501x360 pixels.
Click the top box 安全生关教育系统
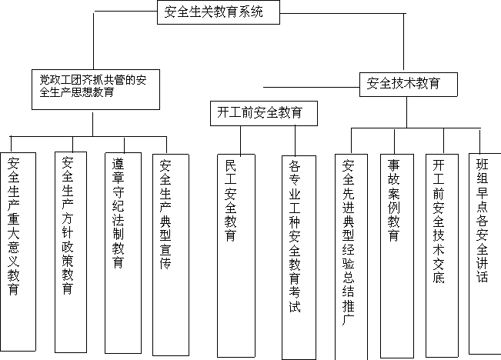(x=219, y=12)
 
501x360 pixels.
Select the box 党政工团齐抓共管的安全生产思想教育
(x=95, y=89)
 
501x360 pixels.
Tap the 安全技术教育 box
(x=409, y=85)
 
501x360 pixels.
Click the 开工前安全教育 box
(x=264, y=113)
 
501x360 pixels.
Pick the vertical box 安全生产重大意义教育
(x=18, y=252)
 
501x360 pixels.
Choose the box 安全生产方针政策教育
(x=71, y=252)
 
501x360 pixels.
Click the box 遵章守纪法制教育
(x=123, y=253)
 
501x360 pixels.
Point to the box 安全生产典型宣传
(x=171, y=255)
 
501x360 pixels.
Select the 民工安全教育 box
(x=236, y=255)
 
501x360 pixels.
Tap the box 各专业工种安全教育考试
(x=299, y=258)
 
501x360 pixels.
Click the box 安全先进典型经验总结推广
(x=351, y=257)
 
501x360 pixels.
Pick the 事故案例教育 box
(x=397, y=256)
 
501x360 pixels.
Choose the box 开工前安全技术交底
(x=442, y=255)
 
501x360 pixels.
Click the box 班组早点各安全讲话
(x=485, y=254)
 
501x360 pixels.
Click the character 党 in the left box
(x=45, y=79)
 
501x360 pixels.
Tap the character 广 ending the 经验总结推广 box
(x=348, y=319)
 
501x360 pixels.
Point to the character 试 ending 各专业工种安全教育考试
(x=295, y=307)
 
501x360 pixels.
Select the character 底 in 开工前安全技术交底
(x=439, y=277)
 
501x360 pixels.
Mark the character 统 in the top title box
(x=256, y=12)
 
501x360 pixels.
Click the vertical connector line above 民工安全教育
(x=241, y=140)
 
